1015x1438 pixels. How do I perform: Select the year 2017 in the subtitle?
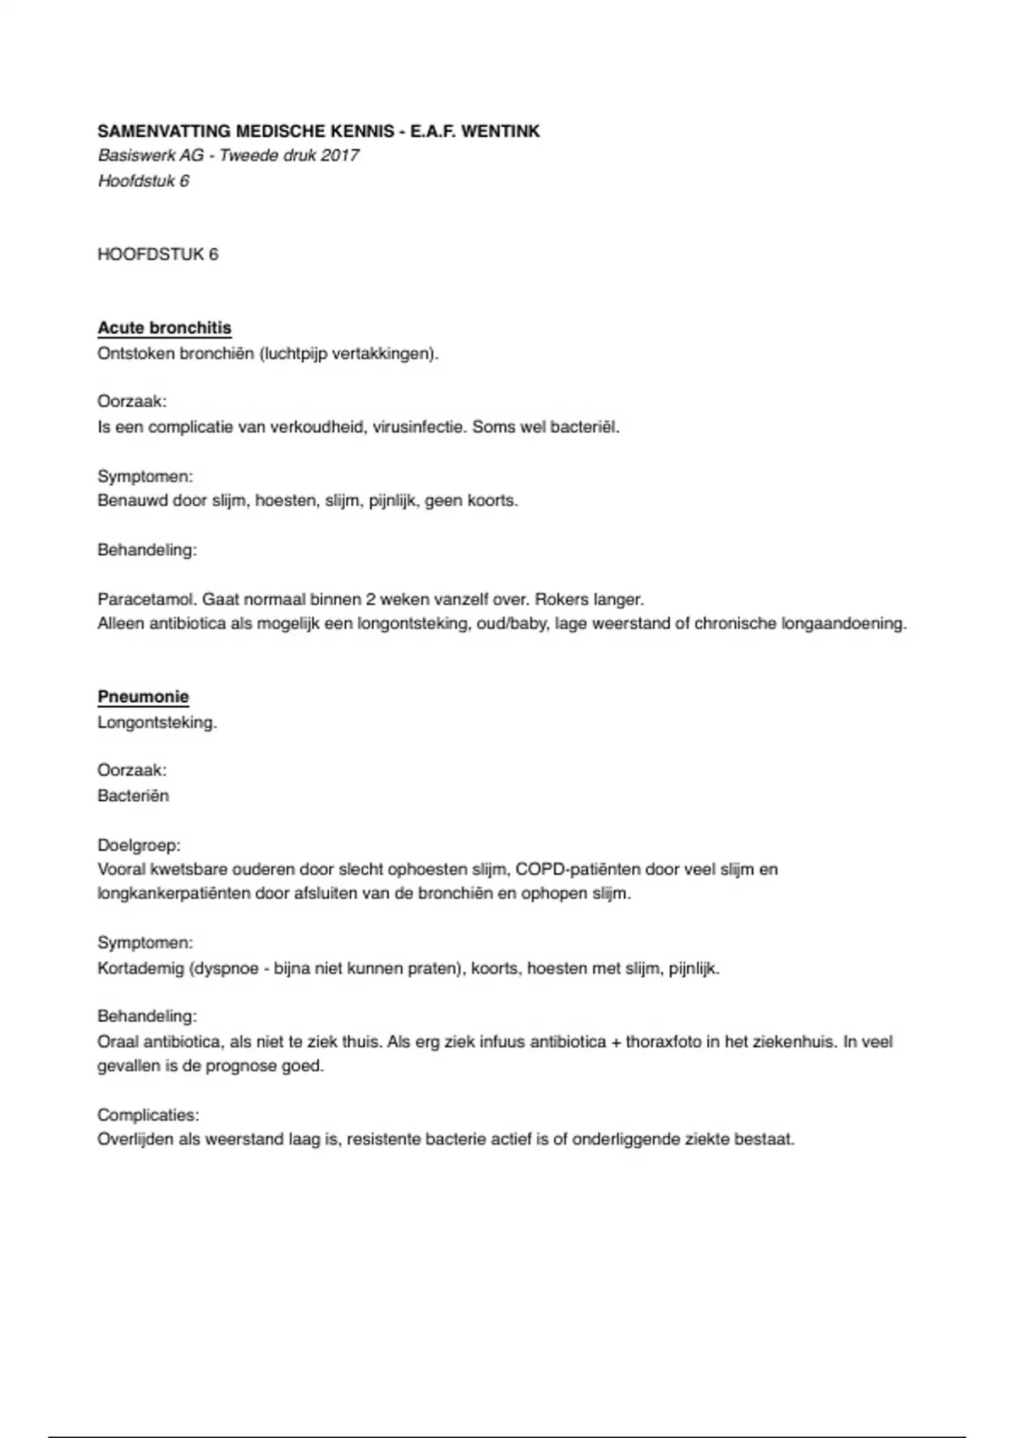[339, 156]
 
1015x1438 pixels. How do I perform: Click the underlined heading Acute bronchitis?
[164, 328]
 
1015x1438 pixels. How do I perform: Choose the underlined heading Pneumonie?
[143, 698]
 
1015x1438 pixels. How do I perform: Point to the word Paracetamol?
[147, 600]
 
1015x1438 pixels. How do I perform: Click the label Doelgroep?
[139, 845]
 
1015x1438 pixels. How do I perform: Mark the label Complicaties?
[148, 1115]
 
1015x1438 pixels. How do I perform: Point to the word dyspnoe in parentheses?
[227, 969]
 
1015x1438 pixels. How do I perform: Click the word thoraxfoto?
[663, 1042]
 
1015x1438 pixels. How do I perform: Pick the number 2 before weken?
[370, 600]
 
